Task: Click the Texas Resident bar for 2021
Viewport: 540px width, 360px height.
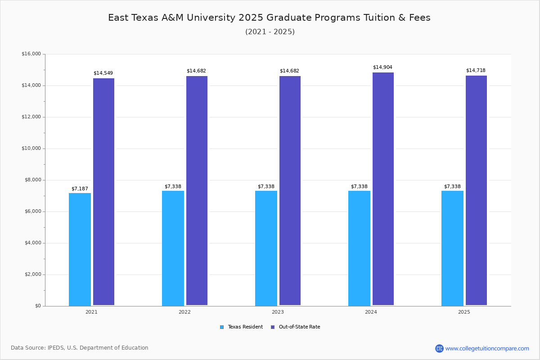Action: [80, 249]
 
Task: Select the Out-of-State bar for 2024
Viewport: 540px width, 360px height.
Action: [383, 189]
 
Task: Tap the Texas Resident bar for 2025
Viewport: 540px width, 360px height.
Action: [452, 248]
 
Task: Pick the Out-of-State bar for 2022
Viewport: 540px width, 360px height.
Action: [197, 191]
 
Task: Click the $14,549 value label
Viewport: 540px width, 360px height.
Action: [103, 73]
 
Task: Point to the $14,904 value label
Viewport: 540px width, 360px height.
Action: [382, 67]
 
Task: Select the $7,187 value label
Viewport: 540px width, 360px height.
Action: [80, 189]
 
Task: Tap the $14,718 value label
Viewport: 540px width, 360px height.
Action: [476, 70]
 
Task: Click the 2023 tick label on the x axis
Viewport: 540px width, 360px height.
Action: [278, 312]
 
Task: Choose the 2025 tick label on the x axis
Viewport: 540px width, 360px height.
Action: [464, 312]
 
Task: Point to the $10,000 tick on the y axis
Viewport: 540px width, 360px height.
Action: [31, 148]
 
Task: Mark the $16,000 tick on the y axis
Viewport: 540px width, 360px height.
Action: [31, 54]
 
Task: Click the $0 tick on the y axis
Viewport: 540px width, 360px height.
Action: [37, 306]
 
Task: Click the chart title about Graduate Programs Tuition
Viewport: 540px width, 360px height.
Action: [269, 18]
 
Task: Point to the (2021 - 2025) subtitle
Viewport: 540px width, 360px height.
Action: [270, 32]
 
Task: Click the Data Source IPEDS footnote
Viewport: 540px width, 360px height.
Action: [80, 348]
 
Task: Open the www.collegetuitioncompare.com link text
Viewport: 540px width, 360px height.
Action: [487, 348]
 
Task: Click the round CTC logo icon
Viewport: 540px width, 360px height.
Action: [439, 348]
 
